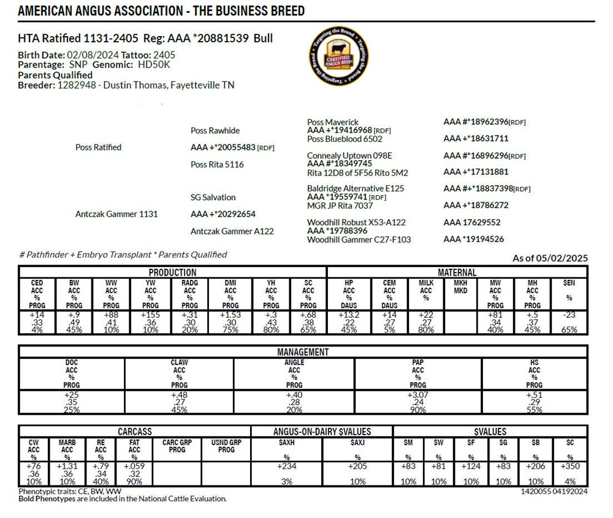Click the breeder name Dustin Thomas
[134, 85]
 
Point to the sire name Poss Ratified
[98, 147]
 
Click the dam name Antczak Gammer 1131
[116, 214]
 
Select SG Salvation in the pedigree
[213, 197]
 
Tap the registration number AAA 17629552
[472, 222]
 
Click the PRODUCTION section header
[173, 273]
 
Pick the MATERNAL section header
[457, 273]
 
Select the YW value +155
[151, 315]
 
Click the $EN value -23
[569, 315]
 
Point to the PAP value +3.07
[418, 395]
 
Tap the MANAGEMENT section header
[303, 352]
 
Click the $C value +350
[571, 466]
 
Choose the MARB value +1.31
[67, 466]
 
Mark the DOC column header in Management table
[72, 363]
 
